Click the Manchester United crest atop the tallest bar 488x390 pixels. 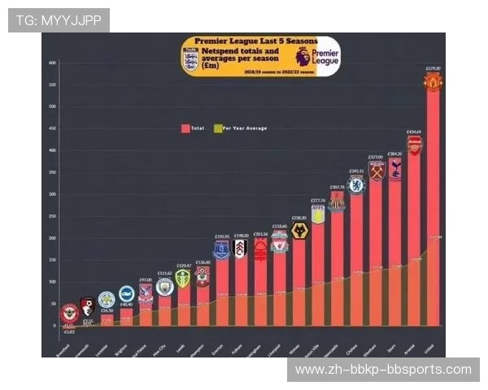tap(433, 82)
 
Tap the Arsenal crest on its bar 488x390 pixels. tap(414, 145)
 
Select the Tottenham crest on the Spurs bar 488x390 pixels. tap(395, 168)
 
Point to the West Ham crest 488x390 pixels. tap(376, 171)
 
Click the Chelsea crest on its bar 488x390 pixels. tap(356, 185)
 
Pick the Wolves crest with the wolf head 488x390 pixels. tap(299, 232)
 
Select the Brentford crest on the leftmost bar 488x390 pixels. tap(70, 313)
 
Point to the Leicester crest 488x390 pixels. tap(107, 300)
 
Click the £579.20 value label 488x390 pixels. tap(433, 68)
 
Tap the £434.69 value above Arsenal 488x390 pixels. tap(414, 132)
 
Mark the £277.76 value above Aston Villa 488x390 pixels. tap(318, 200)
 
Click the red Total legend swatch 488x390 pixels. tap(185, 128)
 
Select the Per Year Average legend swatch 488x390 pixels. tap(216, 128)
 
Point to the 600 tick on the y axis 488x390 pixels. tap(51, 63)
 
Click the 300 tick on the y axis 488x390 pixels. tap(51, 194)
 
